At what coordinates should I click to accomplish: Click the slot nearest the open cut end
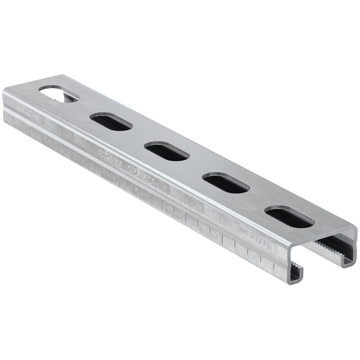[290, 217]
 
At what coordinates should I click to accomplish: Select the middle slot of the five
[167, 151]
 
